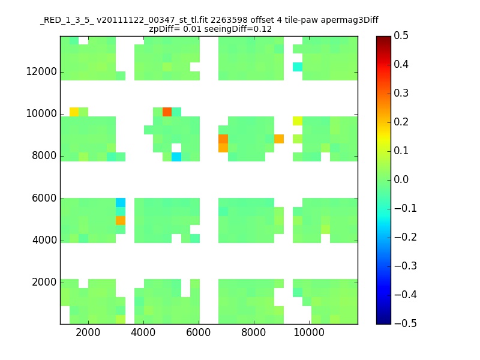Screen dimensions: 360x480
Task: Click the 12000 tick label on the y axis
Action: (x=41, y=72)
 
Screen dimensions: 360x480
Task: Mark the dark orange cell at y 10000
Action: (x=167, y=112)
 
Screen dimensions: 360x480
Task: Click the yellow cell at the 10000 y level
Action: (x=74, y=112)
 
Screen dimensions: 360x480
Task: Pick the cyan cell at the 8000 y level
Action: (x=176, y=157)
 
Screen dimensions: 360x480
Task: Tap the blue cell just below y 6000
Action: (x=121, y=202)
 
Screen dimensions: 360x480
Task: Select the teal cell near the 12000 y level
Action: (x=298, y=67)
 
